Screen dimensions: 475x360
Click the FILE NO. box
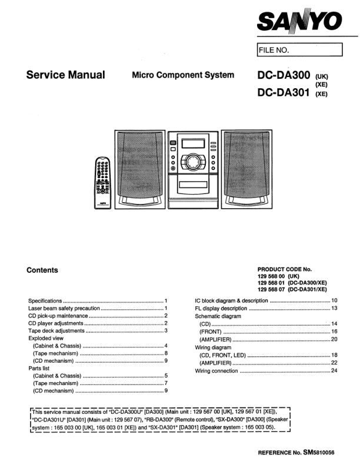click(x=299, y=50)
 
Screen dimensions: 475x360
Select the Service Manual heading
click(x=65, y=75)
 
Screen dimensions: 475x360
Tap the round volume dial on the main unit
click(x=192, y=160)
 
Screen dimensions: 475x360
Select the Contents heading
click(x=42, y=270)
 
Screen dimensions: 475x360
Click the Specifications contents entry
click(x=45, y=301)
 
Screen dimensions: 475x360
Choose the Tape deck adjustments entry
click(x=56, y=330)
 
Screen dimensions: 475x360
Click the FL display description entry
click(x=221, y=308)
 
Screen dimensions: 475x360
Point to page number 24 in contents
click(x=334, y=371)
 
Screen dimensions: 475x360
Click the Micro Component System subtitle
click(x=183, y=75)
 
